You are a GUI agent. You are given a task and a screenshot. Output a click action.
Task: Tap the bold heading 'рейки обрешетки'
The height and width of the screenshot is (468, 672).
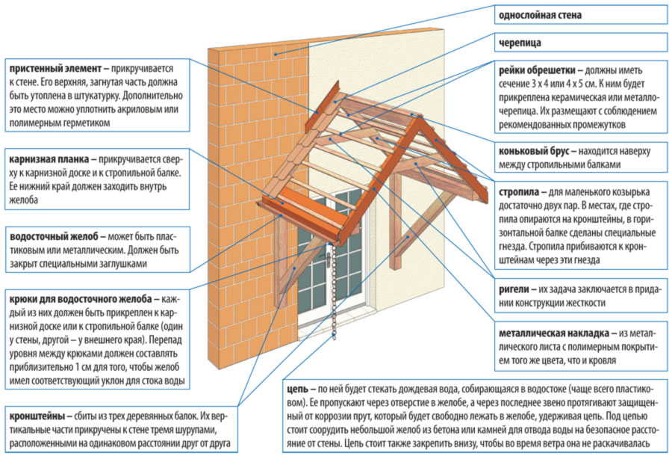(535, 70)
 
